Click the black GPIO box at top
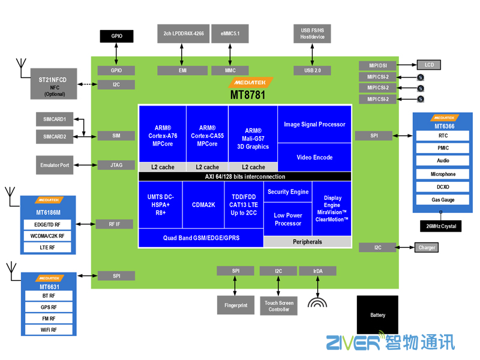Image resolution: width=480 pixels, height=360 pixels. click(x=116, y=36)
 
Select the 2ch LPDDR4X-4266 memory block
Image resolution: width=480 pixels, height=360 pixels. click(x=183, y=34)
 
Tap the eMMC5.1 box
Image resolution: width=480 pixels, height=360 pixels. click(x=230, y=34)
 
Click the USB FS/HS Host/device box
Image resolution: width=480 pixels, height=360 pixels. click(x=312, y=34)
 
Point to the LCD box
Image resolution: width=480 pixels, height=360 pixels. click(x=428, y=65)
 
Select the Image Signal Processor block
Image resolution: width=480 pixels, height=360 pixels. click(x=314, y=124)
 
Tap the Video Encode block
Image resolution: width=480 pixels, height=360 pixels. click(x=314, y=157)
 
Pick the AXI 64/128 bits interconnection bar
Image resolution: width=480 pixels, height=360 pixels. click(x=245, y=176)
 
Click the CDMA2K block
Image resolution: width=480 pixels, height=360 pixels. click(x=203, y=204)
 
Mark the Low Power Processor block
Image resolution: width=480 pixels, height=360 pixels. click(x=288, y=219)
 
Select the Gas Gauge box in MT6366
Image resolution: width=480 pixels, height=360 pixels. click(x=443, y=199)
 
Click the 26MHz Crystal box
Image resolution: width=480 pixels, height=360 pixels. click(x=440, y=226)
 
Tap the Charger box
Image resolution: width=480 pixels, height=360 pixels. click(x=427, y=247)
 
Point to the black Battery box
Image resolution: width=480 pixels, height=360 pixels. click(x=377, y=314)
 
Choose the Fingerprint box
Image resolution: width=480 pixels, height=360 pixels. click(x=236, y=305)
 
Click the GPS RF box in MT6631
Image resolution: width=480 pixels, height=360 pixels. click(x=49, y=307)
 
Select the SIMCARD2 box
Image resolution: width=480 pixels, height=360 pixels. click(x=55, y=137)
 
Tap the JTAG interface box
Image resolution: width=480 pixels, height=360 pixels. click(x=116, y=165)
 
